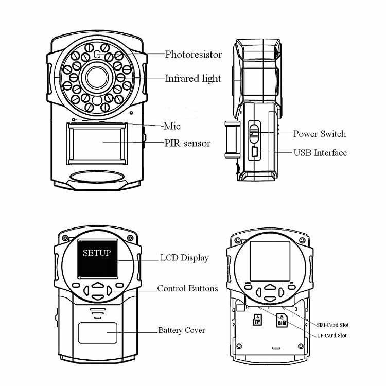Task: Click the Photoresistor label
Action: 193,54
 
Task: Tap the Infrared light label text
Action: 192,79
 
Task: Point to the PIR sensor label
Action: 187,143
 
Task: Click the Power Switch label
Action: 319,134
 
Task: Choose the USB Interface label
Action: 320,153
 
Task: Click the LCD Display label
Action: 184,258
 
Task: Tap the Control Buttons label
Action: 187,288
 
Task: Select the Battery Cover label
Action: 181,330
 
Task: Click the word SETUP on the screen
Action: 97,253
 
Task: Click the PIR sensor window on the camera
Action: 97,143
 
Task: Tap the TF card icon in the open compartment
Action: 257,320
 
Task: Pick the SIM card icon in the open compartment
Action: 281,320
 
